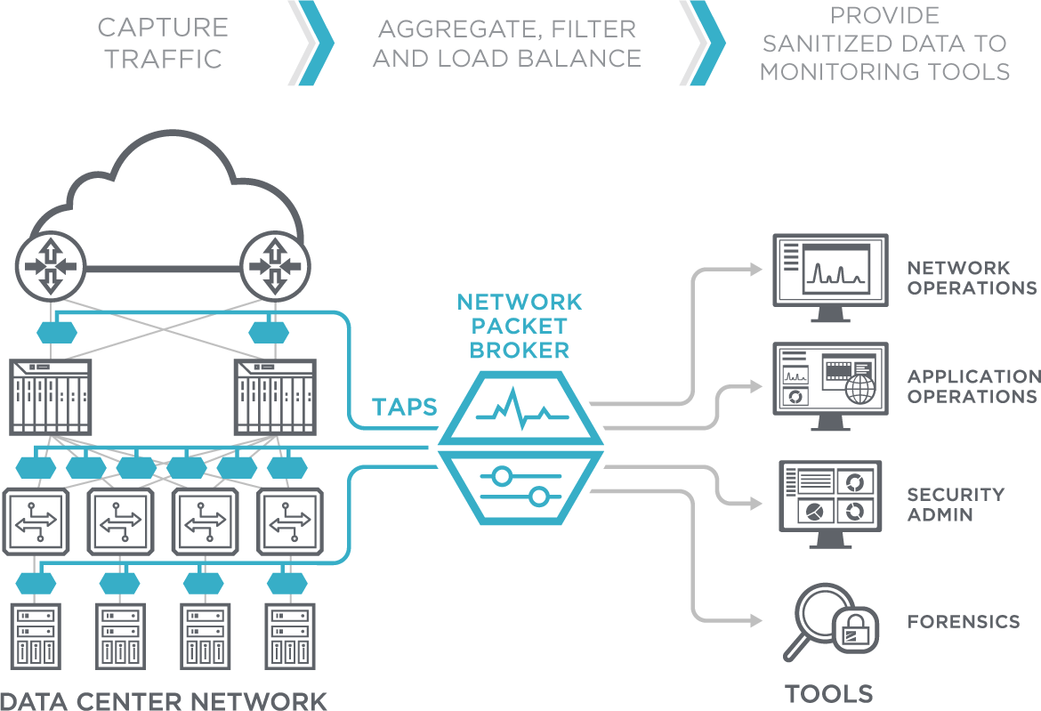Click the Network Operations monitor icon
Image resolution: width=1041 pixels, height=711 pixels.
[x=830, y=278]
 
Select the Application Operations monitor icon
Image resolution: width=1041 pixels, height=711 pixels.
[x=830, y=386]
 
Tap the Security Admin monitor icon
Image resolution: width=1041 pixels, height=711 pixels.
[x=830, y=505]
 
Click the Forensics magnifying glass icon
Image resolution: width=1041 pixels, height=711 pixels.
[x=831, y=622]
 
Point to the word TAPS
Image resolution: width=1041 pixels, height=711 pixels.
[x=404, y=407]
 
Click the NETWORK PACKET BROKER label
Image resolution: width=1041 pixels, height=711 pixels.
[x=520, y=326]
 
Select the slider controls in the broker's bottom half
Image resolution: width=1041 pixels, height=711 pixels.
[x=521, y=486]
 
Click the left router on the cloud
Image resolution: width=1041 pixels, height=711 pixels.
[x=51, y=266]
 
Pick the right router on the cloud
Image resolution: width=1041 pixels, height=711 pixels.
[x=275, y=266]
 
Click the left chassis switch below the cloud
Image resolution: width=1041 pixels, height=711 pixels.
[x=51, y=397]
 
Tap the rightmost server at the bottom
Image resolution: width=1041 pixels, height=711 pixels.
[x=290, y=636]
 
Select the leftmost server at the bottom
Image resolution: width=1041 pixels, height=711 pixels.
[x=36, y=636]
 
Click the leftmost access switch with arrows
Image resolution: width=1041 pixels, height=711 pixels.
[x=36, y=521]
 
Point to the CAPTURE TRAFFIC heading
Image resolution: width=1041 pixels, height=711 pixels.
[x=164, y=43]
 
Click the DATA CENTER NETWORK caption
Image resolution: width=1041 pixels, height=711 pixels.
[x=164, y=700]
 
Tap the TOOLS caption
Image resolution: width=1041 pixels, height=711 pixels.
[x=829, y=694]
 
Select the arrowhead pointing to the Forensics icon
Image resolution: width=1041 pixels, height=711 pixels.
[x=756, y=621]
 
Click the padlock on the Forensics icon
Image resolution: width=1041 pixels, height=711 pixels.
[x=855, y=630]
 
